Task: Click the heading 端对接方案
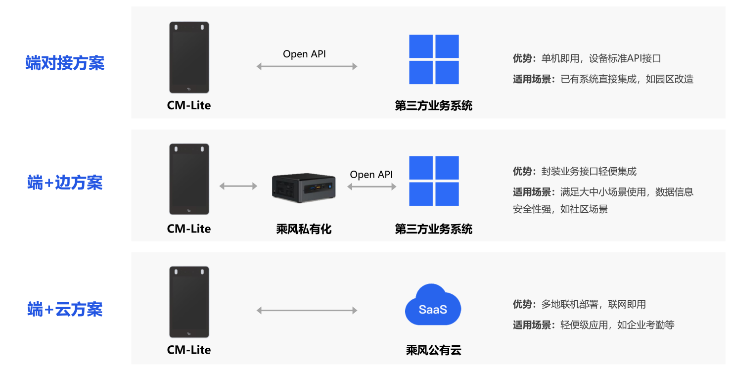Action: point(65,63)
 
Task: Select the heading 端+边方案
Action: point(65,183)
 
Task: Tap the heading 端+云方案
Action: point(65,310)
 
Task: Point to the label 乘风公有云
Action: point(433,351)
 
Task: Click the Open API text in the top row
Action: point(304,54)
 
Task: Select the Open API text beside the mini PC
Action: point(371,175)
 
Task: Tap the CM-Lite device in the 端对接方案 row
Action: point(189,57)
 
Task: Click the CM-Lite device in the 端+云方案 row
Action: point(189,302)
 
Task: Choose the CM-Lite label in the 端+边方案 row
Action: point(189,229)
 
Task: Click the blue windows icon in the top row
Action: point(434,59)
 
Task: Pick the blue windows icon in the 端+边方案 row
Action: point(434,181)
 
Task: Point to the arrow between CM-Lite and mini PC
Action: point(238,186)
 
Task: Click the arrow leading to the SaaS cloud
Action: point(307,311)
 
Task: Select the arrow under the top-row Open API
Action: point(307,66)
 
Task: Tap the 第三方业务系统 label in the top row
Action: point(433,106)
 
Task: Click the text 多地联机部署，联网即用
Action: point(594,305)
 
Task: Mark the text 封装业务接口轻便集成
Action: point(589,172)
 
